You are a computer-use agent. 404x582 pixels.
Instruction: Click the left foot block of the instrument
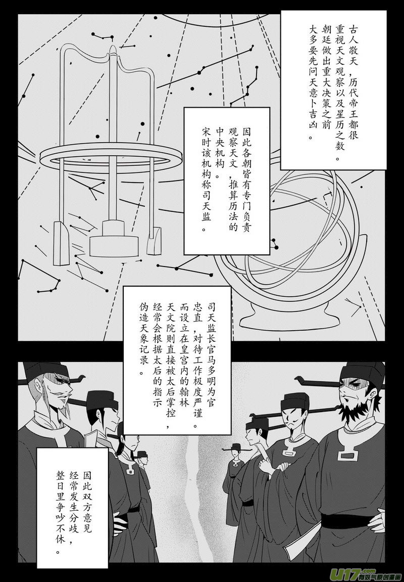pyautogui.click(x=61, y=243)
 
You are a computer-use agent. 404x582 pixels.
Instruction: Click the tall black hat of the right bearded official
pyautogui.click(x=362, y=373)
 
